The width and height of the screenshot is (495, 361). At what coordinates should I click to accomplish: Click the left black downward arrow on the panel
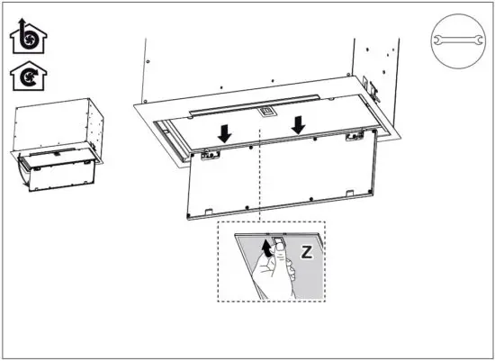click(x=224, y=132)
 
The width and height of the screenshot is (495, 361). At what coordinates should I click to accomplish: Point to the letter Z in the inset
click(x=305, y=252)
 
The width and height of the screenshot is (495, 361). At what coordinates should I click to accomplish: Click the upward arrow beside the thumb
click(x=265, y=248)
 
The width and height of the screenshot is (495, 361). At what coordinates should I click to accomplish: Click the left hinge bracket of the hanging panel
click(x=211, y=155)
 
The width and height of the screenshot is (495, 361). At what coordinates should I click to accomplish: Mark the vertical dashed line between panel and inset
click(x=260, y=180)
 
